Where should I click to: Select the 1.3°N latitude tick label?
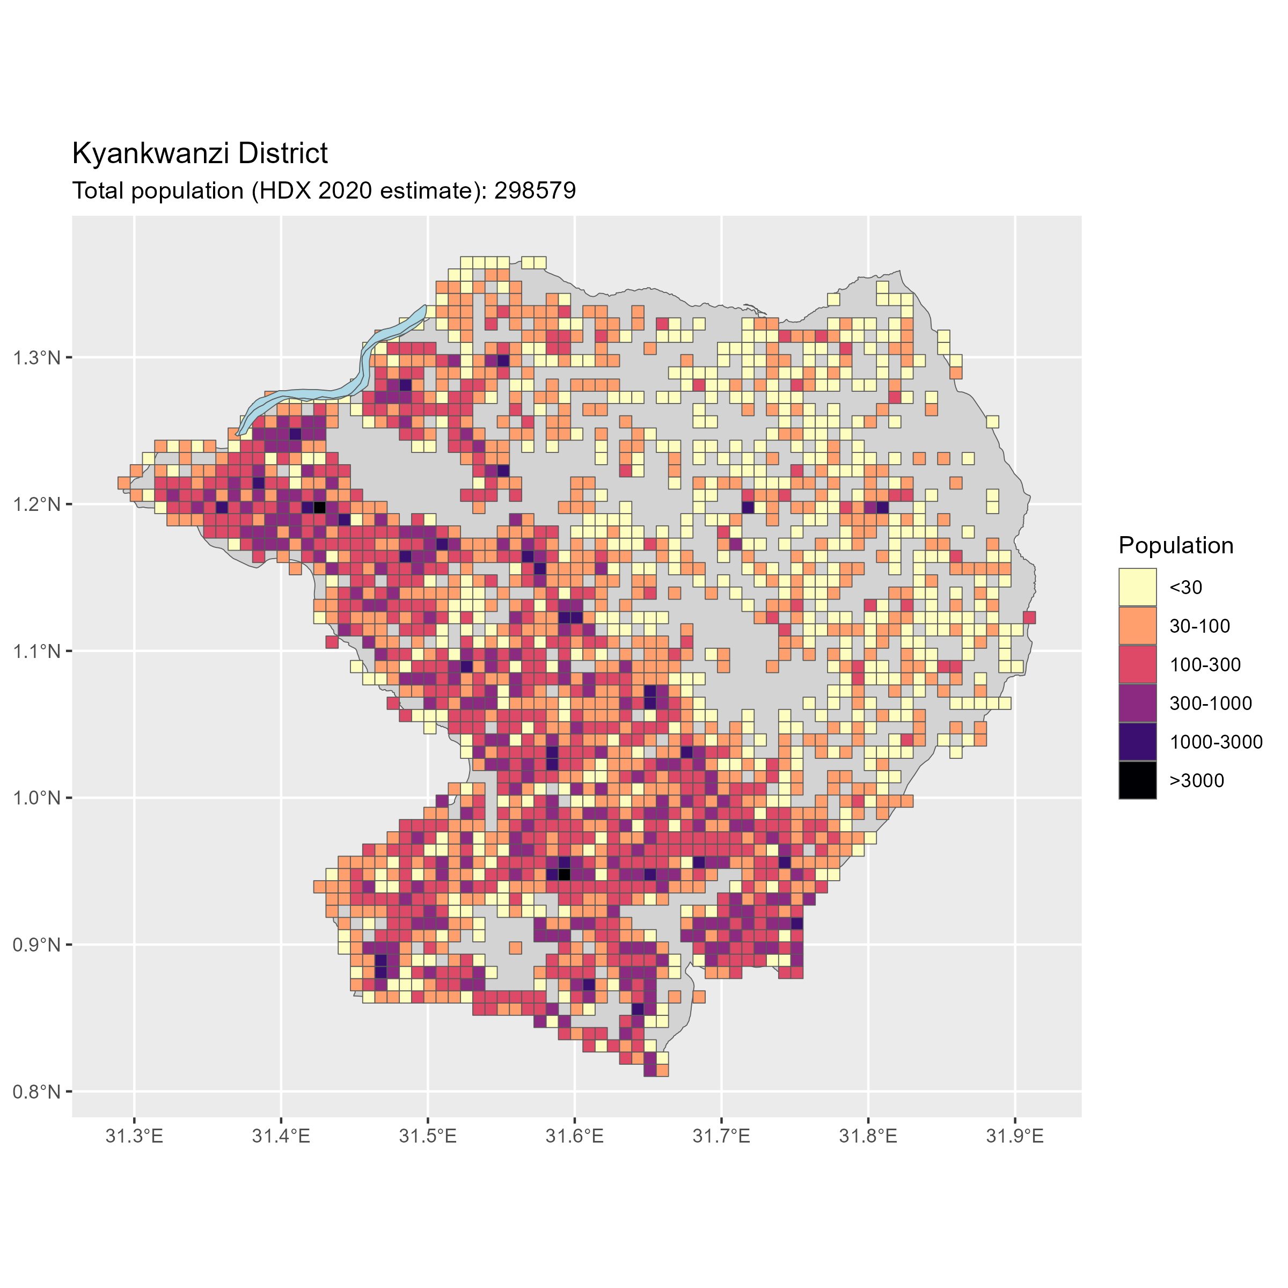click(36, 358)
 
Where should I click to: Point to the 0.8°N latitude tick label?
click(36, 1092)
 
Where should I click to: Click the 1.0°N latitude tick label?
click(36, 798)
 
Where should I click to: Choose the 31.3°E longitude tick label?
click(134, 1136)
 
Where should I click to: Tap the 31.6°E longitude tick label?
click(574, 1136)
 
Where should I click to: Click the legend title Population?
click(1176, 545)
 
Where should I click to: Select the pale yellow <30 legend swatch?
click(1137, 587)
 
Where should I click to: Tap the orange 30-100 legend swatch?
click(1137, 626)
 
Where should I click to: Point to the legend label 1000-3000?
click(1216, 742)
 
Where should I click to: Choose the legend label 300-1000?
click(1211, 704)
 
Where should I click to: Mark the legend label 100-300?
click(1205, 665)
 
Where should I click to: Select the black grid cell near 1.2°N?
click(319, 507)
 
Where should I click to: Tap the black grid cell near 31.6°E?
click(564, 874)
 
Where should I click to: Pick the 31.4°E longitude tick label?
click(281, 1136)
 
